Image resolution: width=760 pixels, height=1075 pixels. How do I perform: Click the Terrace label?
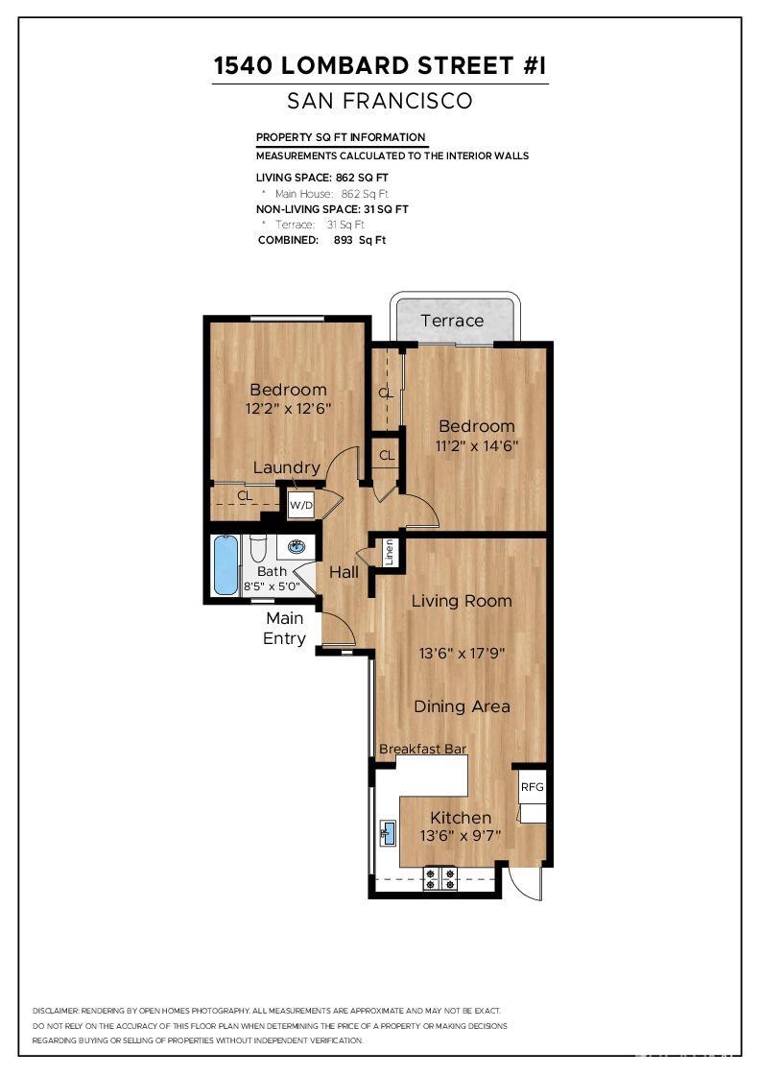click(452, 321)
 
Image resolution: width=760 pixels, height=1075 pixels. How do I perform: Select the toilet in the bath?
click(258, 548)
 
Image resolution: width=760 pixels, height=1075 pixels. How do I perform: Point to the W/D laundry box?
click(301, 504)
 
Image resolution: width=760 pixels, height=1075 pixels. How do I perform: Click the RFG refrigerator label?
click(532, 786)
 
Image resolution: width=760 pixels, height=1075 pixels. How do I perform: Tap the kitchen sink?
click(387, 831)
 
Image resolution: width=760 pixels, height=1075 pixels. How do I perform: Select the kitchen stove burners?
click(440, 879)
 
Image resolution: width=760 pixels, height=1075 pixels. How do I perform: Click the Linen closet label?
click(390, 552)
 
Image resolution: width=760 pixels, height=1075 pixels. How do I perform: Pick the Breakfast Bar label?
click(422, 749)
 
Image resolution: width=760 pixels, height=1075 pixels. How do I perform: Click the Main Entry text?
click(285, 629)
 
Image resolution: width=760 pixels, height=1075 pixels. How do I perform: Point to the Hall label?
click(344, 572)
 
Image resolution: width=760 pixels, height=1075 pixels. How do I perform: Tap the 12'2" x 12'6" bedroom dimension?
click(288, 408)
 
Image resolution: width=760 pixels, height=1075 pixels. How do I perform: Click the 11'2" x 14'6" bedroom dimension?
click(477, 445)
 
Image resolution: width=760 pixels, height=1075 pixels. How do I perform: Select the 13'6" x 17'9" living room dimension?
click(462, 654)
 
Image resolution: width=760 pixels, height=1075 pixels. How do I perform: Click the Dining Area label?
click(462, 706)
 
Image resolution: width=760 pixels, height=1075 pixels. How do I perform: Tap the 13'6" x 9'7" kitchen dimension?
click(461, 836)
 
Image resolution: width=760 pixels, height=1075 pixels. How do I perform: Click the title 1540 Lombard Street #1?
click(380, 66)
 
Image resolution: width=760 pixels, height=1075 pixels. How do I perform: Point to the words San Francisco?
click(380, 101)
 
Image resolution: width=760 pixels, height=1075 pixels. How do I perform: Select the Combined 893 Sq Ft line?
click(321, 240)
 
